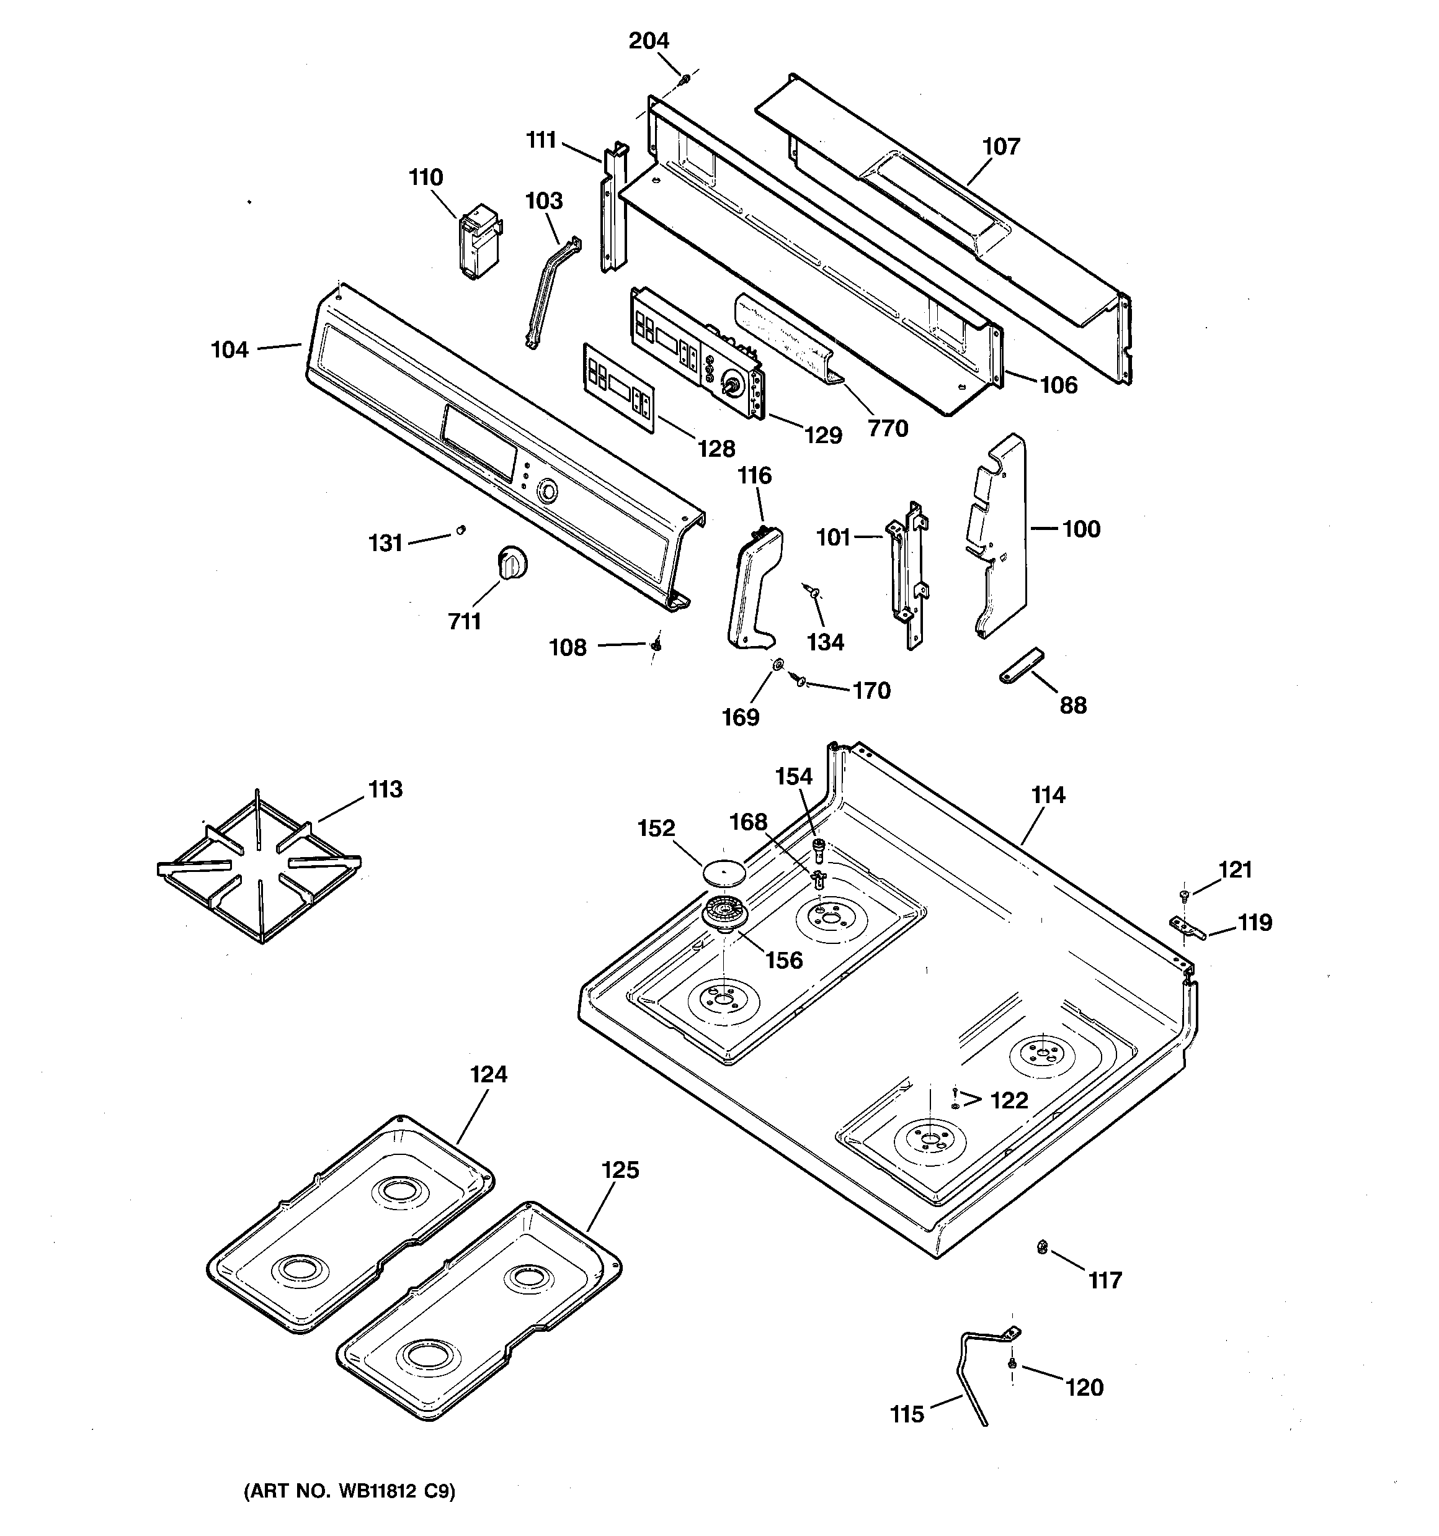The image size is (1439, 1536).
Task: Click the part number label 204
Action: click(x=648, y=40)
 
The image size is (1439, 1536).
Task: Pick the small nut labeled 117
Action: click(x=1042, y=1246)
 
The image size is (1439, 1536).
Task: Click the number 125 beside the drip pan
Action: click(x=620, y=1170)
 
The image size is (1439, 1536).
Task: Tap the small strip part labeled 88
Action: click(x=1020, y=665)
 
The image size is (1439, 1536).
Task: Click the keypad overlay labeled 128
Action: click(x=618, y=386)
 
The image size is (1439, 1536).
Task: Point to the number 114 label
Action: click(x=1048, y=794)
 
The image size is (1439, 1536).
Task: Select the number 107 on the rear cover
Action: click(x=1000, y=146)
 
